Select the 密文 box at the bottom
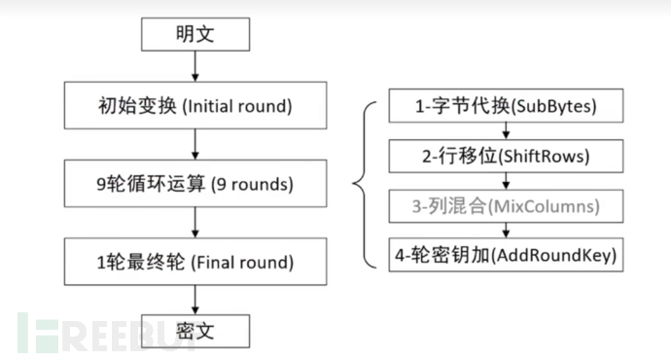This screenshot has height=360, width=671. (x=195, y=331)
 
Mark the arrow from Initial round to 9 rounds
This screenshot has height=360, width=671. (x=195, y=143)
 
